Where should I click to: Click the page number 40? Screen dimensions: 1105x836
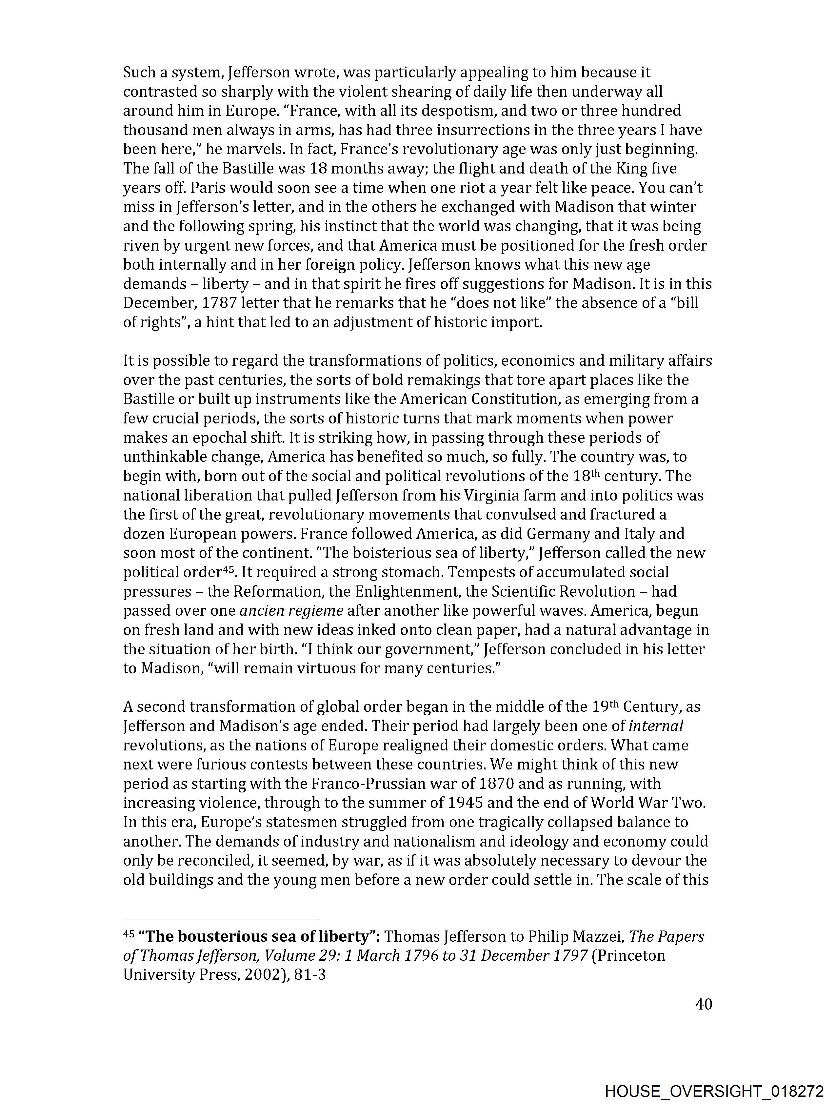(703, 1004)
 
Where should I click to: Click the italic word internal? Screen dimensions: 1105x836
(656, 726)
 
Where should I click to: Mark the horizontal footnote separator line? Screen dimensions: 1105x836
(221, 918)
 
